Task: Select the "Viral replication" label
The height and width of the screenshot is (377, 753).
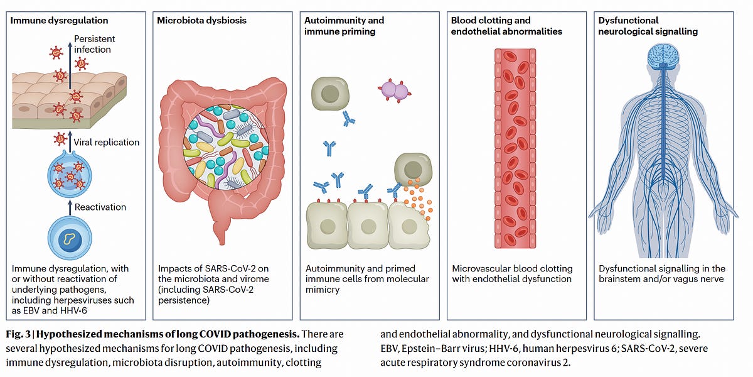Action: pos(107,142)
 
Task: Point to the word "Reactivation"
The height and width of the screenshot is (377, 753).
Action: pos(100,207)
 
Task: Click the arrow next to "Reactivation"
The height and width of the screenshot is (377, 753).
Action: pos(69,207)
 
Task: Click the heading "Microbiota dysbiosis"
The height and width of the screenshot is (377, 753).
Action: pos(202,20)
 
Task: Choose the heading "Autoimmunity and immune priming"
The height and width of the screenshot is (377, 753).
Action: pos(344,25)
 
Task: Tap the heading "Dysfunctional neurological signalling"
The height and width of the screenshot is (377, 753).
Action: pos(648,25)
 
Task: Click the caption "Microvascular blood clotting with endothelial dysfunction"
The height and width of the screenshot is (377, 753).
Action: pos(512,273)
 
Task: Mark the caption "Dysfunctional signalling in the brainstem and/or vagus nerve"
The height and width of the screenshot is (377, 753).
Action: pos(662,273)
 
